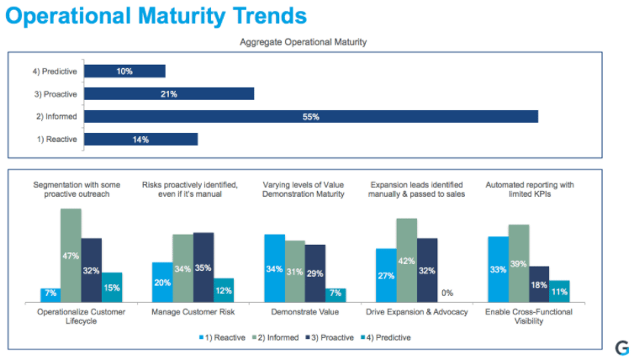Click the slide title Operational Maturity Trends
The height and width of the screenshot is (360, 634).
point(154,16)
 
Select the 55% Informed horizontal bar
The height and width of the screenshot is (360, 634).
point(310,117)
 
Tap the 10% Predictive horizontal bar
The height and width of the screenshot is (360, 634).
point(124,71)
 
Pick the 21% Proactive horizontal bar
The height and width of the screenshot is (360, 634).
point(169,94)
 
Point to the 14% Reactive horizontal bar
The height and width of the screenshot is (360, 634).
point(140,140)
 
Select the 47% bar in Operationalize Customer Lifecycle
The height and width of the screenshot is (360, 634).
point(71,255)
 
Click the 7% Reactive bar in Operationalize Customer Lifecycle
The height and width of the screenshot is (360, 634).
point(50,294)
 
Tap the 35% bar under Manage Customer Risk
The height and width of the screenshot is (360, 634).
point(203,267)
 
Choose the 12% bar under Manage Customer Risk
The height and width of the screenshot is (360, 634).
point(224,289)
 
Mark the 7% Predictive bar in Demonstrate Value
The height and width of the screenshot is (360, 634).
point(335,294)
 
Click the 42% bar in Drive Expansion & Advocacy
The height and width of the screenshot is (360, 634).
point(406,259)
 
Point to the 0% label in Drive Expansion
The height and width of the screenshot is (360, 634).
point(447,293)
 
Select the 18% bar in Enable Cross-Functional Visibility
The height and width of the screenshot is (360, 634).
point(539,283)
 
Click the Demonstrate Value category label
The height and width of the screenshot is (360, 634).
point(304,313)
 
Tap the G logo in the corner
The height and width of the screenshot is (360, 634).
point(621,347)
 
